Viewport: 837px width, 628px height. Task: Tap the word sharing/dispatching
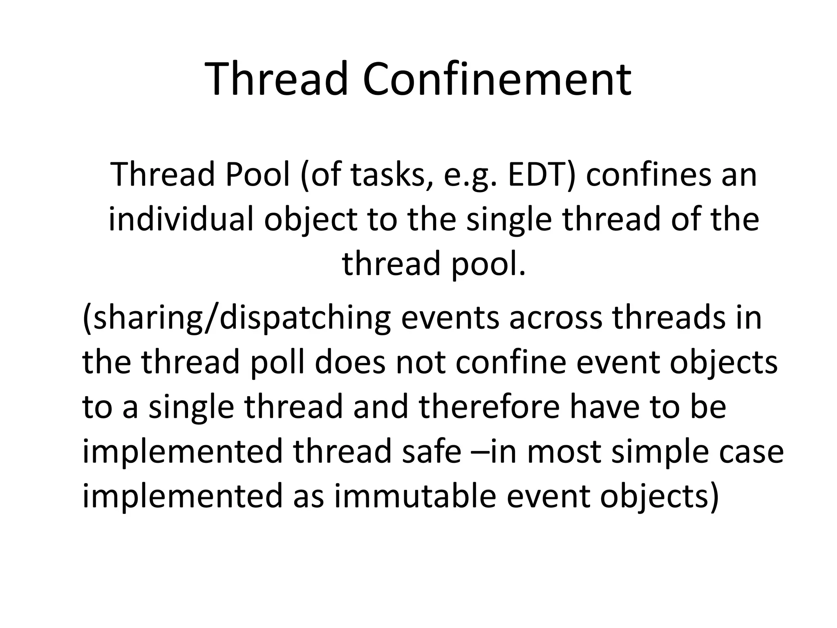(237, 318)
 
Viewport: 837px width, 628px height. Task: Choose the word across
(555, 318)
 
